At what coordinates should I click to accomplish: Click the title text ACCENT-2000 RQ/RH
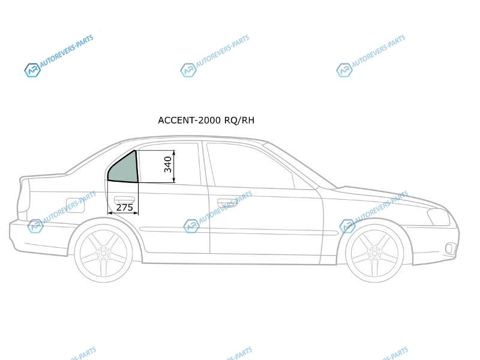coord(206,121)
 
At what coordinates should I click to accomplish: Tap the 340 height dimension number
coord(168,164)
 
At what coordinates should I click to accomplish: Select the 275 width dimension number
coord(125,208)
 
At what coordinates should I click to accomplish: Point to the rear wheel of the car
coord(103,253)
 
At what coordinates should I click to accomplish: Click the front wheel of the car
coord(374,253)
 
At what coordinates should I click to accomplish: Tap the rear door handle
coord(124,200)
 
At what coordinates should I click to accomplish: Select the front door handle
coord(228,203)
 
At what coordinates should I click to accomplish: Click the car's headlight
coord(439,217)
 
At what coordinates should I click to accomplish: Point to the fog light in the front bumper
coord(451,248)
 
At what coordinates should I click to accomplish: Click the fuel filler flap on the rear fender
coord(76,206)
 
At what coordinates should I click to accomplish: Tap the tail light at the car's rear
coord(24,196)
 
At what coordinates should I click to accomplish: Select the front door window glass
coord(250,166)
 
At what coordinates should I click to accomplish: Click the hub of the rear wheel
coord(103,253)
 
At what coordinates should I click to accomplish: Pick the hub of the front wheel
coord(374,253)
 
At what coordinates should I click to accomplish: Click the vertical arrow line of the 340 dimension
coord(174,167)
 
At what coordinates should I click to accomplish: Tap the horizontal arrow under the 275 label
coord(123,214)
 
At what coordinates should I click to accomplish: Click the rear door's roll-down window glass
coord(169,164)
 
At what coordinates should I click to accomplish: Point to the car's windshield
coord(300,166)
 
